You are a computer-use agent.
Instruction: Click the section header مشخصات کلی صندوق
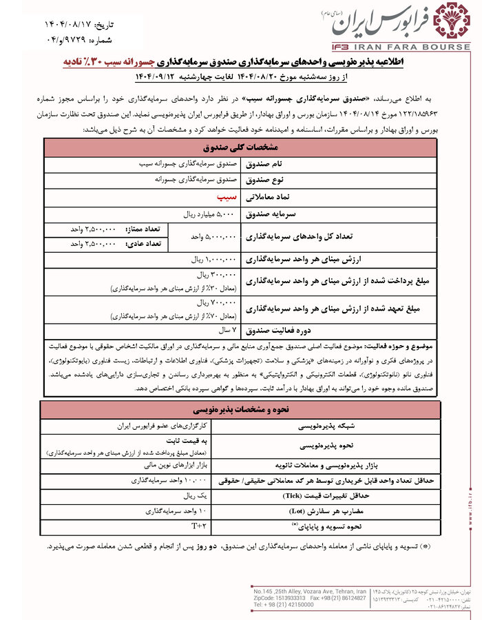coord(241,147)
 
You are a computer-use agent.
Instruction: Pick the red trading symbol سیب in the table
coord(224,196)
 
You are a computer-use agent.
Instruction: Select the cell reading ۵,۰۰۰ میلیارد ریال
coord(209,214)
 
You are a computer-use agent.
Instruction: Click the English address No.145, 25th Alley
coord(309,590)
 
